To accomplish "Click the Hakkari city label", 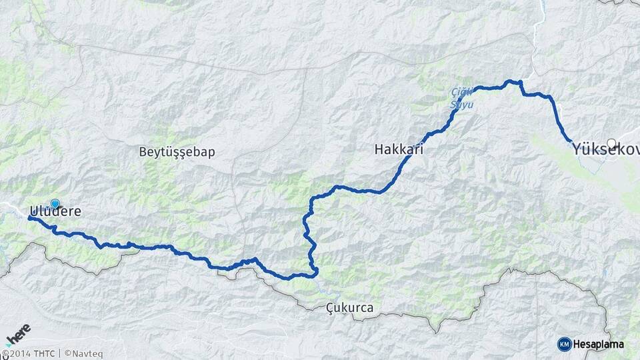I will (x=399, y=151).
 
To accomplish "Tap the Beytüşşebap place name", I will (x=177, y=151).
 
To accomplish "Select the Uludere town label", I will (x=55, y=211).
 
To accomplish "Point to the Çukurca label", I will (x=350, y=308).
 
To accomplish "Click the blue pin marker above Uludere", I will (x=55, y=204).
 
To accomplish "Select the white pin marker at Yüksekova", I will (x=611, y=143).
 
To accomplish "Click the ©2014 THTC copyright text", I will (x=29, y=353).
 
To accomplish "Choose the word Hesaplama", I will (x=599, y=344).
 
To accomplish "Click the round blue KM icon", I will (x=564, y=344).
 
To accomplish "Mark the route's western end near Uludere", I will (x=30, y=217).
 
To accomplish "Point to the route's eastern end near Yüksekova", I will (x=571, y=141).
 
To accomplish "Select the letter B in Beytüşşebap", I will (x=143, y=151).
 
